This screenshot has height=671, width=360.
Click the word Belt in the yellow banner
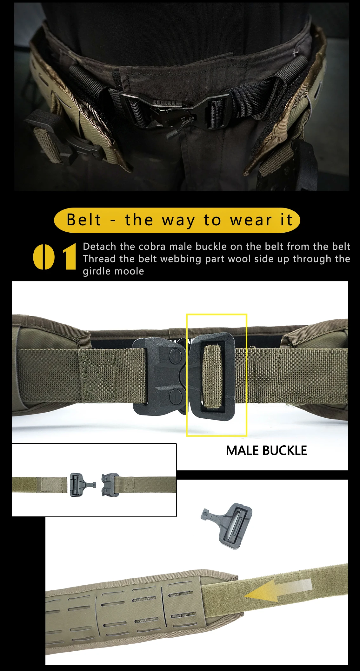click(x=84, y=220)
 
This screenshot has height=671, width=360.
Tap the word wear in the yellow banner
click(x=251, y=220)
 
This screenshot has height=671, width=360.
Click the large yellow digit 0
click(x=44, y=257)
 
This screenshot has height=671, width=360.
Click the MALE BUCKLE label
click(x=266, y=450)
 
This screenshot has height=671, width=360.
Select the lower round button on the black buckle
click(x=176, y=396)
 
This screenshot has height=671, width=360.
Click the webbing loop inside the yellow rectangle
click(x=213, y=377)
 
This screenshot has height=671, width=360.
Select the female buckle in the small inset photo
click(x=110, y=485)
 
